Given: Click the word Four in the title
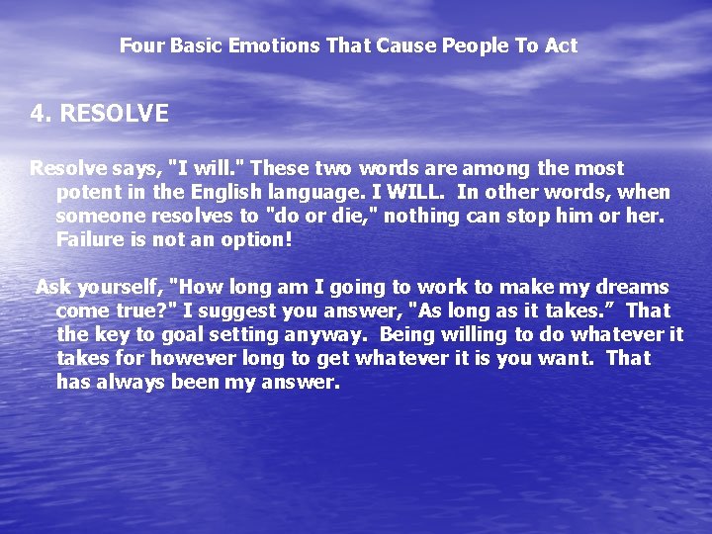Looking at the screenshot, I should (x=138, y=45).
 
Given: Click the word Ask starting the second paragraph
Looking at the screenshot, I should (x=53, y=288).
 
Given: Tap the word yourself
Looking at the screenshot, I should (x=120, y=288).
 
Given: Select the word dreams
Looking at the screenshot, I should (x=628, y=288).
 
